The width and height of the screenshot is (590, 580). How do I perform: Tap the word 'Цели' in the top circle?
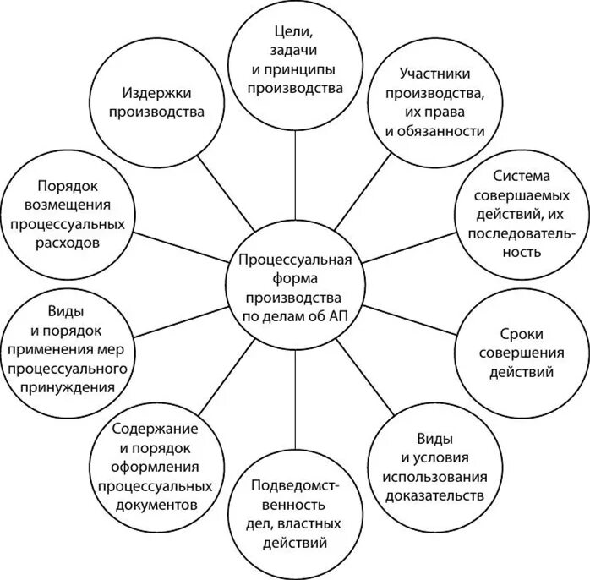coord(295,33)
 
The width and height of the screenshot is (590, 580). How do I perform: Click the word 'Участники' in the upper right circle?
coord(434,74)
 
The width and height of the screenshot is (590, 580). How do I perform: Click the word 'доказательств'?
coord(434,495)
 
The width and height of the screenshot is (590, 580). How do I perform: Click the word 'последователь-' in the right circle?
coord(522,233)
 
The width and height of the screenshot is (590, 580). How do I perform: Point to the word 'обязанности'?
coord(434,131)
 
